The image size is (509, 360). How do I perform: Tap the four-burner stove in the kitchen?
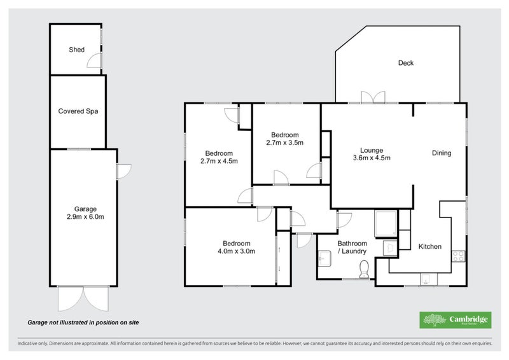(x=457, y=256)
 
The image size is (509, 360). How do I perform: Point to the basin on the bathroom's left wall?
(x=323, y=258)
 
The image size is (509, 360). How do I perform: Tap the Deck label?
(x=406, y=63)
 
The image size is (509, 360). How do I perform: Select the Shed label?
(x=77, y=50)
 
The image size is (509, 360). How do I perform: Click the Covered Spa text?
(x=78, y=111)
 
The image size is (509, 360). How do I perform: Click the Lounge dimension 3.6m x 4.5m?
(x=372, y=158)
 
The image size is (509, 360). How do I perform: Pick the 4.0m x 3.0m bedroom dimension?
(x=236, y=251)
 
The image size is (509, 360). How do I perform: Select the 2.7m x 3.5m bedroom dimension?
(x=284, y=143)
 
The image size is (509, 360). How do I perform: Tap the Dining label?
(x=441, y=153)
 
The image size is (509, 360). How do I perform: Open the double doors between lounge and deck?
(x=373, y=97)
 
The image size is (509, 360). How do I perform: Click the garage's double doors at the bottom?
(x=83, y=296)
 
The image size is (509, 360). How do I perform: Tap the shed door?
(x=95, y=60)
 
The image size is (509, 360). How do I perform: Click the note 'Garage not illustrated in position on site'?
(x=83, y=322)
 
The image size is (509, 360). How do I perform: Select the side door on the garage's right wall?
(x=123, y=170)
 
